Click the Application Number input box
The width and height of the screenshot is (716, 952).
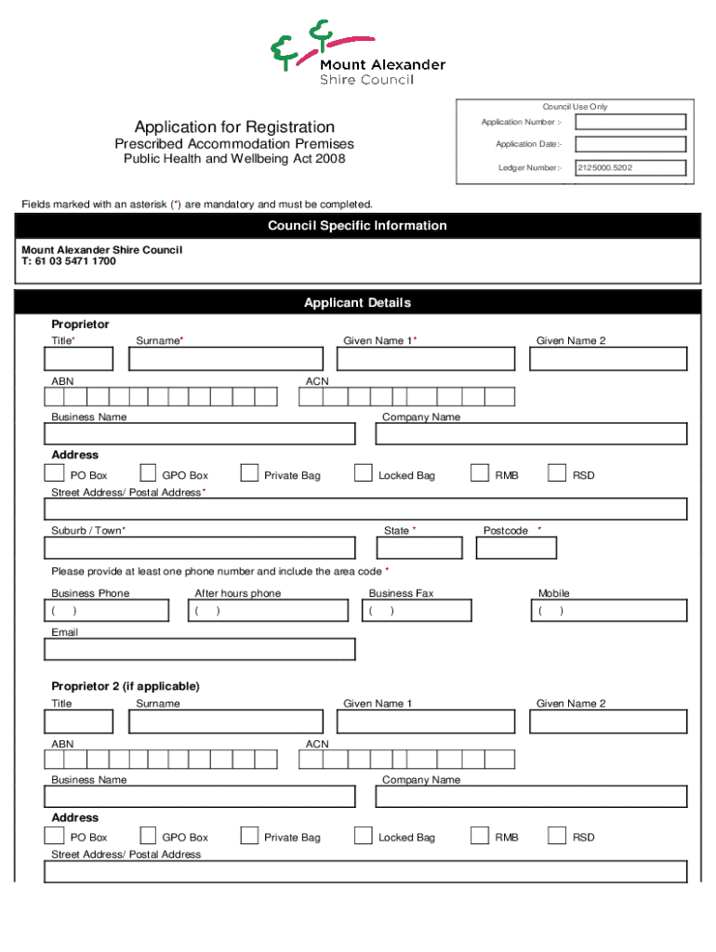click(x=630, y=122)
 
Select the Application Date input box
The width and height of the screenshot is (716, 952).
click(x=630, y=144)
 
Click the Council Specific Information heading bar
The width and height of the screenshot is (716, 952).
click(x=357, y=226)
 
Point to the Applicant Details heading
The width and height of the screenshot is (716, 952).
click(x=357, y=303)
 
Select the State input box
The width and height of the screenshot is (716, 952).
click(x=418, y=548)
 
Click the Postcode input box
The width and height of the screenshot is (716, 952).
click(x=516, y=548)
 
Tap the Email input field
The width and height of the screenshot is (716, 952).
click(x=200, y=649)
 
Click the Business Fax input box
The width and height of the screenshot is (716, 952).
click(x=417, y=611)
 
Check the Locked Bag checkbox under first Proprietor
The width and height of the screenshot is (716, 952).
click(x=364, y=473)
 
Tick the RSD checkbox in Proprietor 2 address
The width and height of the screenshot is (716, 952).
click(x=557, y=836)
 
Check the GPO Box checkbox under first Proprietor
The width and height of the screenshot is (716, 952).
click(x=149, y=473)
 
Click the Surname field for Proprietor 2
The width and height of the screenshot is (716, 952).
click(x=226, y=721)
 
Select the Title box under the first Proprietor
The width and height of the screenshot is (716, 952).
click(x=79, y=359)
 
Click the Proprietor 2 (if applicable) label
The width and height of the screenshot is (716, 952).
click(x=126, y=686)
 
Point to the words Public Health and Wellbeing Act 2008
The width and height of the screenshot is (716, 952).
click(x=234, y=159)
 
